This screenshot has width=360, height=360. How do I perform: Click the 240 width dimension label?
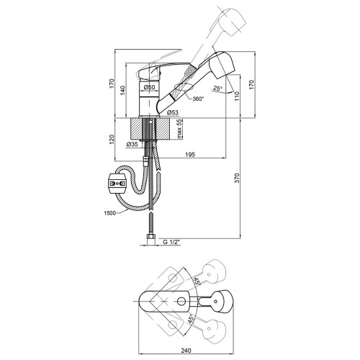point(186,351)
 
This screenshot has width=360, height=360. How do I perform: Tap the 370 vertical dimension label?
point(237,178)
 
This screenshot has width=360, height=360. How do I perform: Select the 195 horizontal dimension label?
point(190,155)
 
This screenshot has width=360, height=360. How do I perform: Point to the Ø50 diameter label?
point(149,87)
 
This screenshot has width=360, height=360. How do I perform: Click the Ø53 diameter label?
point(173,112)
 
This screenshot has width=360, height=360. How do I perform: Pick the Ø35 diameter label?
point(132,144)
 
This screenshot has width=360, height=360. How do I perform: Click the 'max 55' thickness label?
point(179,129)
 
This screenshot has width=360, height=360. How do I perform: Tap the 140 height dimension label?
point(123,90)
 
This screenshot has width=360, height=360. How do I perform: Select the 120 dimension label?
point(112,140)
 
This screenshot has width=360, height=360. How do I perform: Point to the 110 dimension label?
point(237,96)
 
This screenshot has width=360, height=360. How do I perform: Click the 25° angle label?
point(217,89)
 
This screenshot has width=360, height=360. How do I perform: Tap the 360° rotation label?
point(198,99)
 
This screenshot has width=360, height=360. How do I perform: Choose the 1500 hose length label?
point(109,213)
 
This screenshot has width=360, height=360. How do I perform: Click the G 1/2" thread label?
point(171,242)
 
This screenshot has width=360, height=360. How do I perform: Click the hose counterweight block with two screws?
point(117,184)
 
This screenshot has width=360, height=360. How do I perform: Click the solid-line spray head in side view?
point(221,64)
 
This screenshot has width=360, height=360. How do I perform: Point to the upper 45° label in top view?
point(197,281)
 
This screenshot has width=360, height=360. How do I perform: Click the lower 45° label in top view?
point(192,319)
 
